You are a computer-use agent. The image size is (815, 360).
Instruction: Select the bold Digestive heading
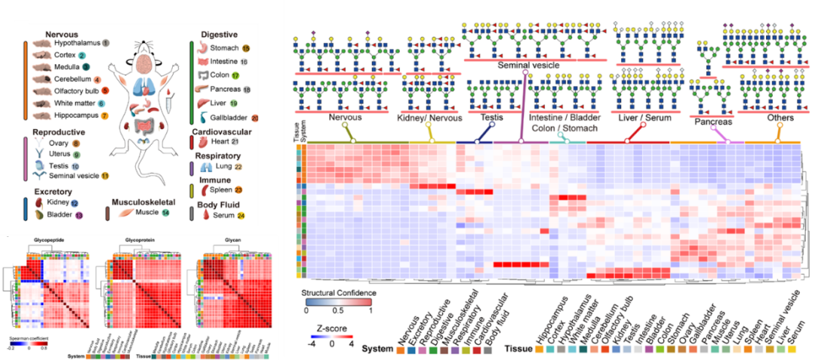[x=220, y=35]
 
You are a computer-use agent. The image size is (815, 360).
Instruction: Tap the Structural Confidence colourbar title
[x=338, y=291]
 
